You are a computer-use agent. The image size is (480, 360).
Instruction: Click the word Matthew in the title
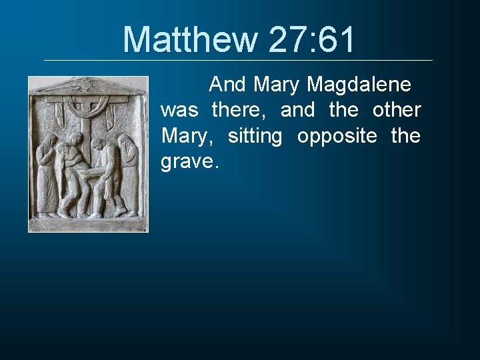coord(190,39)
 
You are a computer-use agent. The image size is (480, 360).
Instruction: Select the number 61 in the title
coord(336,39)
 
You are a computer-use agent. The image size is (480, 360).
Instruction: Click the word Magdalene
coord(359,85)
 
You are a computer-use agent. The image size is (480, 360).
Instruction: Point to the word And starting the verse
coord(228,85)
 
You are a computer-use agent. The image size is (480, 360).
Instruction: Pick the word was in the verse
coord(179,110)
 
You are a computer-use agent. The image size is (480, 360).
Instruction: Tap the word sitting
coord(255,136)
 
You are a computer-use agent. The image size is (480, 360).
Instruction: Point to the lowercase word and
coord(297,110)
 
